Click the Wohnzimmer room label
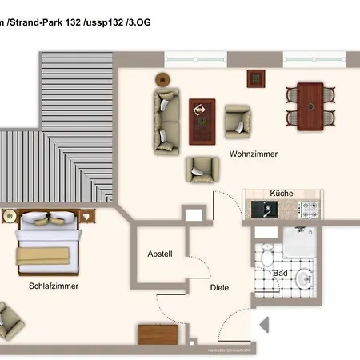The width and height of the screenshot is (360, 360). (x=253, y=154)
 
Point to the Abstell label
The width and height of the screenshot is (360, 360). (x=159, y=254)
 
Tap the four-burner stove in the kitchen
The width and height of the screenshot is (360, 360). (x=309, y=210)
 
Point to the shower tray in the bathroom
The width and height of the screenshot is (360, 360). (x=302, y=243)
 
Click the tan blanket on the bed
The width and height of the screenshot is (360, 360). (x=46, y=255)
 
